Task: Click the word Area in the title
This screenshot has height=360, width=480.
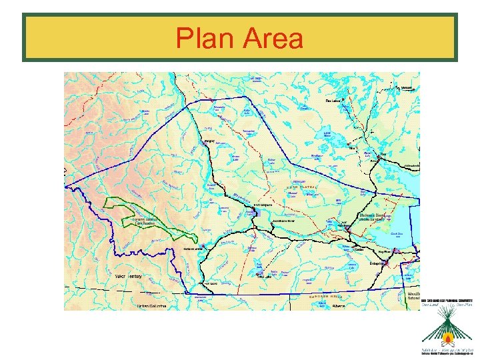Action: pos(273,39)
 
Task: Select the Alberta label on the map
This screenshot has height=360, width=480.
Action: pos(340,306)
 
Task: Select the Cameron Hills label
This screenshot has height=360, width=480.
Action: pos(326,296)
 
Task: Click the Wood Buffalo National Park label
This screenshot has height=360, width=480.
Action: pos(413,295)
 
